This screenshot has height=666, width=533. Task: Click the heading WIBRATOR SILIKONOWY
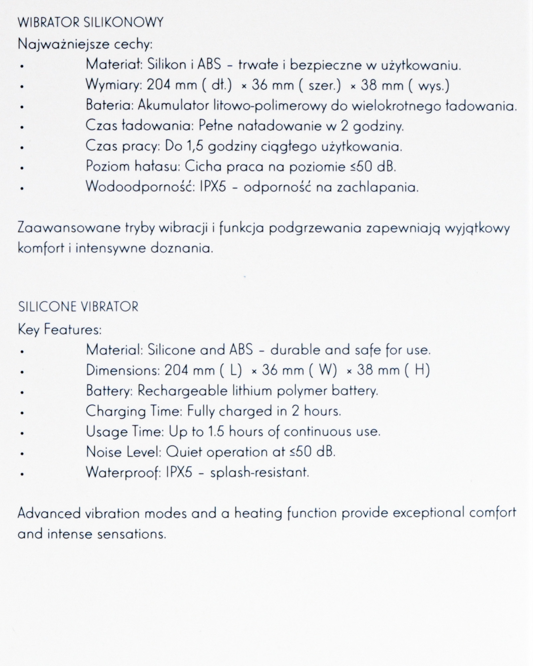tap(90, 23)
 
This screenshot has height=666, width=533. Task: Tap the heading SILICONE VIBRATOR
tap(78, 307)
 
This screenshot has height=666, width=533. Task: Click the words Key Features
tap(59, 330)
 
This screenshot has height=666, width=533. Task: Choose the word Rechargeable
tap(180, 391)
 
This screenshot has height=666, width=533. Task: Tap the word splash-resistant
tap(260, 473)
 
